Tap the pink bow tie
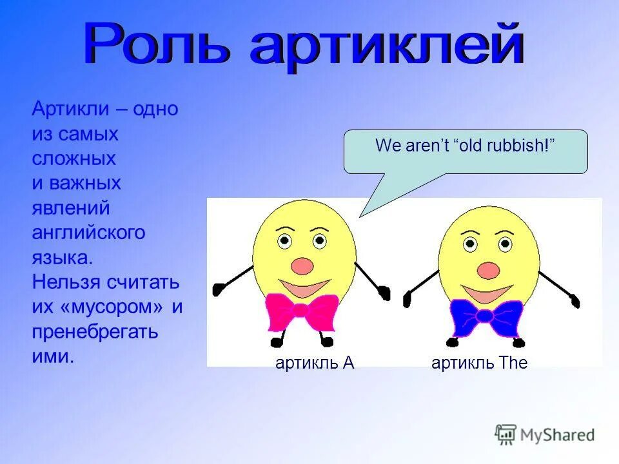(302, 311)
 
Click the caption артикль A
(315, 363)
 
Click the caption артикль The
(479, 363)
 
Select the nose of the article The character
(488, 269)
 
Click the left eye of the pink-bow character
(284, 242)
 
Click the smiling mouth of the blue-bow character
(487, 294)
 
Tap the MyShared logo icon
(506, 434)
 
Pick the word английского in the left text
(88, 233)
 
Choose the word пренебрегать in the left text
(95, 332)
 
